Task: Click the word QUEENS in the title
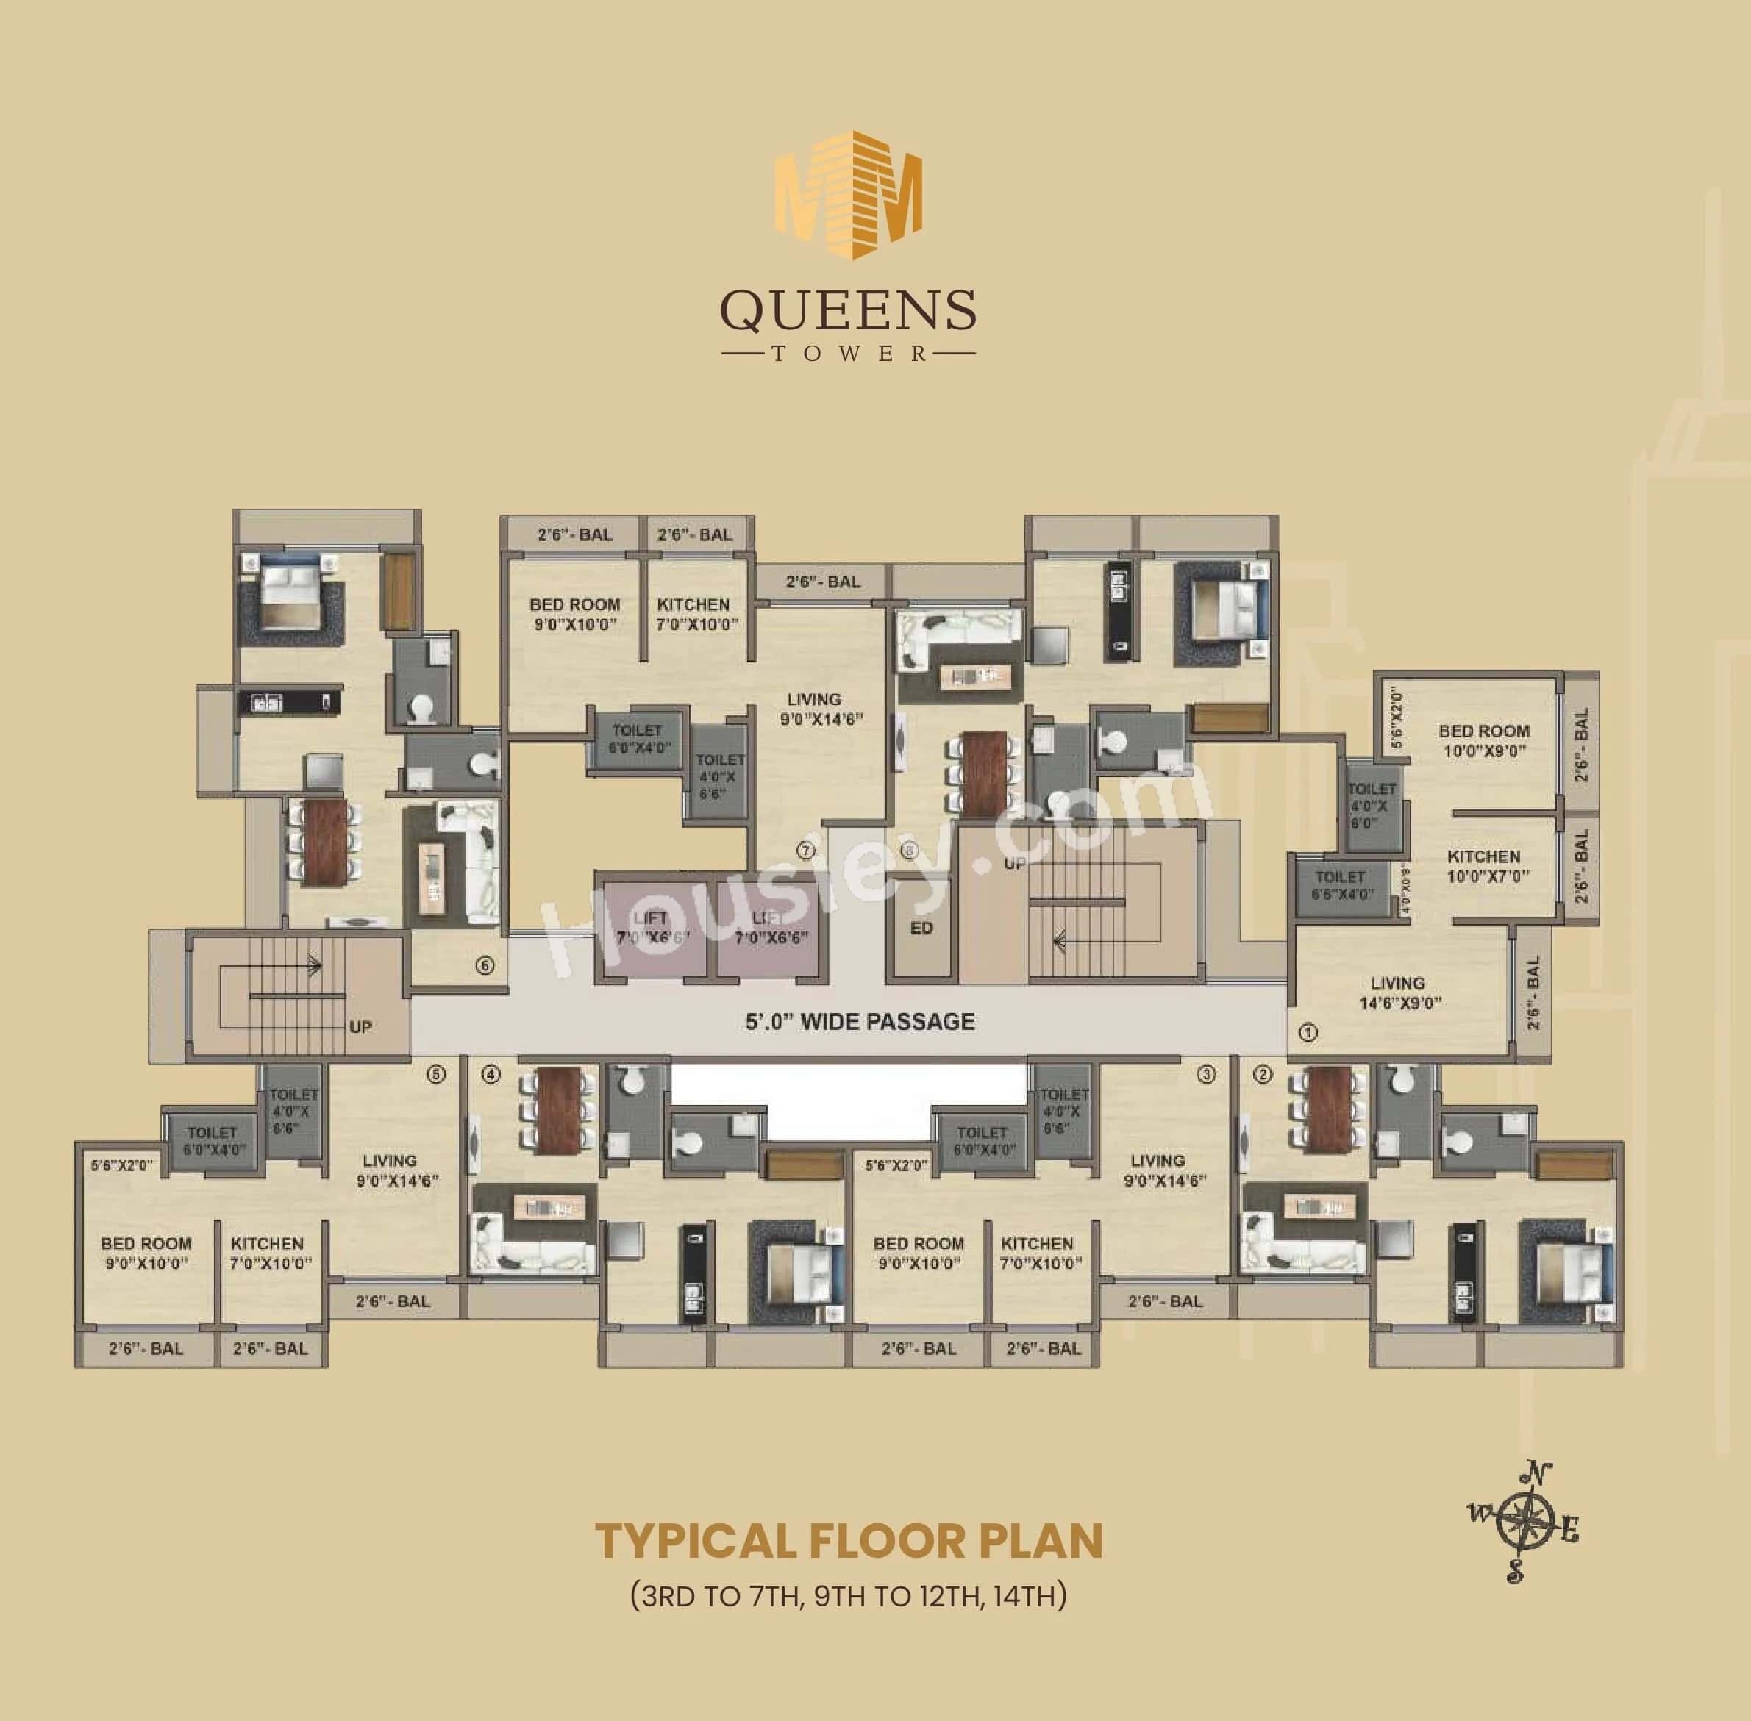(x=847, y=310)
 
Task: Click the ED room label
(x=922, y=929)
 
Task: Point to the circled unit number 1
(x=1308, y=1031)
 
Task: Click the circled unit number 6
(x=485, y=966)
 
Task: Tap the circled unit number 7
(x=806, y=851)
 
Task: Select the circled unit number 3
(x=1206, y=1075)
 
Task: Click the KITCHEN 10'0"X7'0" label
(x=1483, y=865)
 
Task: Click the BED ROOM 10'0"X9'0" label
(x=1483, y=740)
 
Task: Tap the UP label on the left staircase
(x=360, y=1028)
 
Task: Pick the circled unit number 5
(x=437, y=1075)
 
